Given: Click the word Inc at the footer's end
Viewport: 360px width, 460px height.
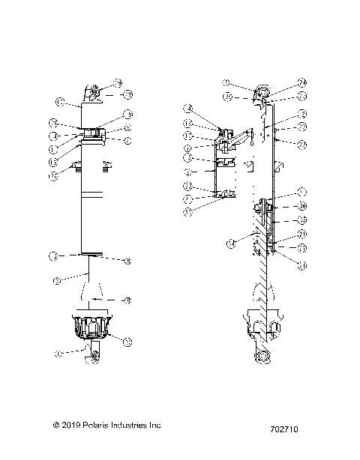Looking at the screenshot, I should pos(154,424).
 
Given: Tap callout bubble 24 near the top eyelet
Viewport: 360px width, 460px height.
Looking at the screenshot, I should pos(301,82).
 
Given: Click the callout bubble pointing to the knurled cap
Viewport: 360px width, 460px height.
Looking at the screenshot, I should pos(127,342).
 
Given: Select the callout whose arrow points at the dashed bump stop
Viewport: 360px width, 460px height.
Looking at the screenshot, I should pos(127,300).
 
